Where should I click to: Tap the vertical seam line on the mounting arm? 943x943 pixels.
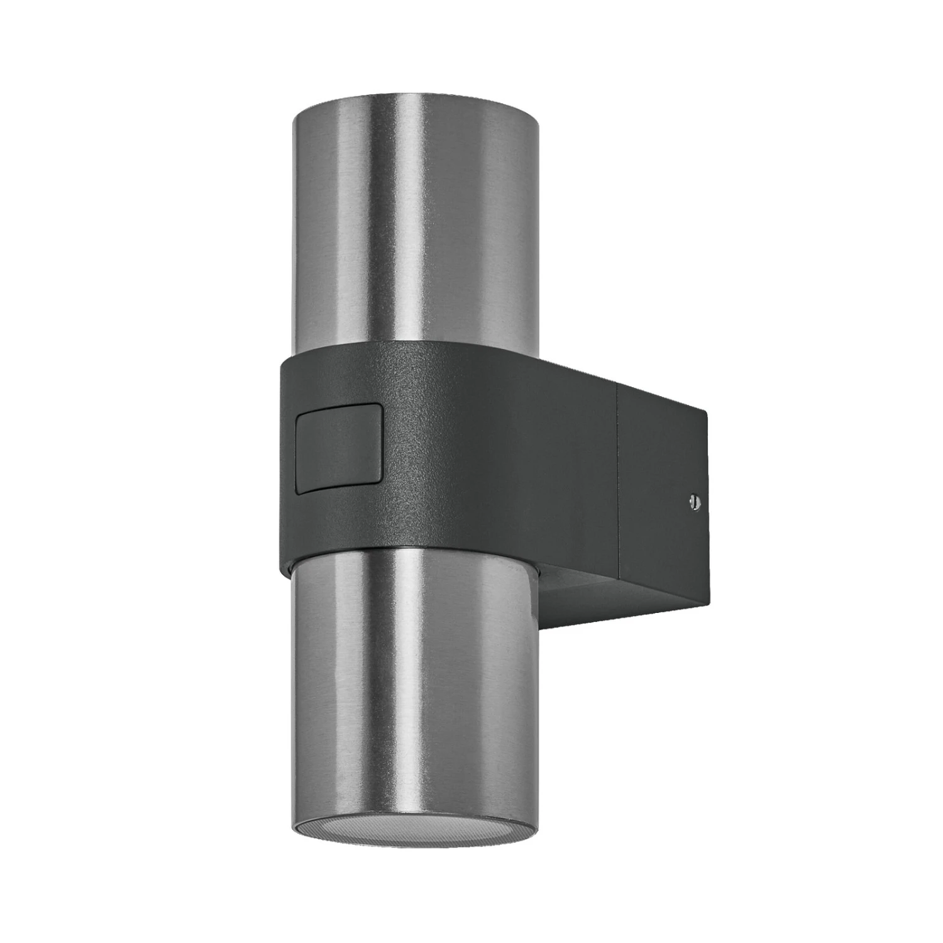click(x=620, y=478)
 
